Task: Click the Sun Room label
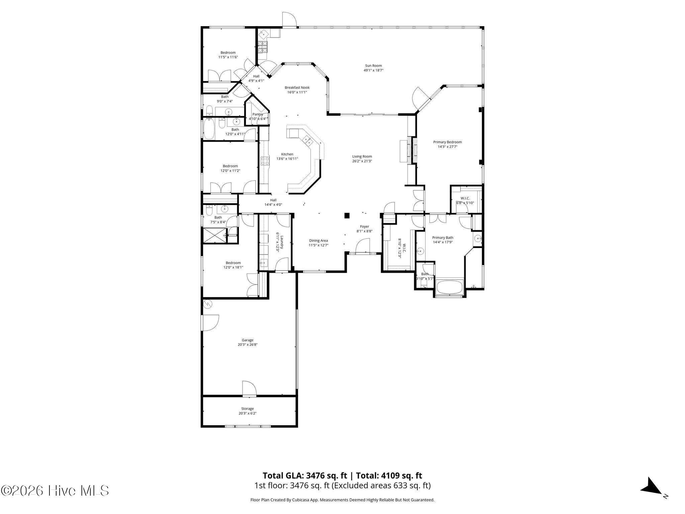(x=373, y=66)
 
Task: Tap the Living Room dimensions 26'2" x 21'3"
(x=362, y=161)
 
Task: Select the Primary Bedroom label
(x=448, y=142)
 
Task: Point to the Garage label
(x=248, y=340)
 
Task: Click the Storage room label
(x=248, y=409)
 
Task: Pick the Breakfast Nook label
(x=297, y=88)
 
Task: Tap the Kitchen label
(x=287, y=154)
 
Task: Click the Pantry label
(x=258, y=114)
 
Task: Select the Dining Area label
(x=318, y=240)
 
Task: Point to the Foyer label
(x=364, y=227)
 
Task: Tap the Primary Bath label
(x=443, y=238)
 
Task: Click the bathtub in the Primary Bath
(x=450, y=287)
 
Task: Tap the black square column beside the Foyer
(x=347, y=216)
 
